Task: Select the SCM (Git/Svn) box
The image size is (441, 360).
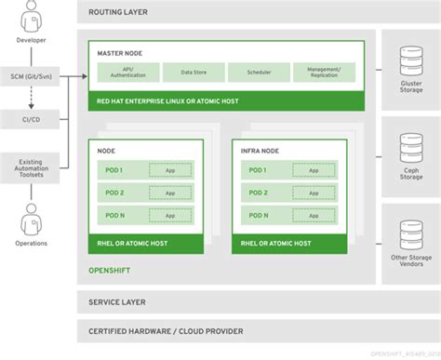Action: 33,73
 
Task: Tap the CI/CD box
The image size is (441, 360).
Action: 33,120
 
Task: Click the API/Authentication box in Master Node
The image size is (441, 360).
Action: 127,72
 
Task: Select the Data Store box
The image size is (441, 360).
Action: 193,72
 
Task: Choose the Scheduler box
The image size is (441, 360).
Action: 257,72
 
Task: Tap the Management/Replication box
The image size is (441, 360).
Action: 323,72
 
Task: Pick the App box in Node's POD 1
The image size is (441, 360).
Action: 170,169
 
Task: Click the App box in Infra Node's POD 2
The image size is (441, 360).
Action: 314,192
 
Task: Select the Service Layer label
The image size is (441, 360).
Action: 118,277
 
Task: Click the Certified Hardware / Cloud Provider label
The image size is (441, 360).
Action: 165,305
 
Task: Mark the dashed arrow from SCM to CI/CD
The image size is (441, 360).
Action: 33,97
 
